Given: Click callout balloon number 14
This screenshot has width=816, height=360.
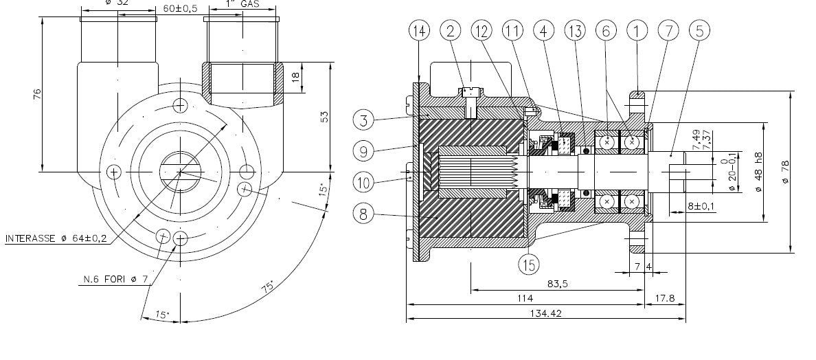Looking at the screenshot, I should (x=418, y=30).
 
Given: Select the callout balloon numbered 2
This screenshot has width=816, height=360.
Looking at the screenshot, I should (x=451, y=30).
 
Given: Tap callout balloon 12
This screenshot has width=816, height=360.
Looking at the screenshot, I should (x=482, y=30).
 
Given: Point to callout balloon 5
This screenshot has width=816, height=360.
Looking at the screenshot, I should (x=699, y=30).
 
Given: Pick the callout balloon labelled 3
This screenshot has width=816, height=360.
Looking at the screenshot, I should (x=364, y=120).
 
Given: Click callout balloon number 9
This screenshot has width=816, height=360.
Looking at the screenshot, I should (x=364, y=149).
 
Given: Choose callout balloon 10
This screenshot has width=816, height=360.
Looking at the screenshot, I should (x=364, y=182).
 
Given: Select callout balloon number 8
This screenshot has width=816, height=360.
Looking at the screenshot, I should (x=364, y=213).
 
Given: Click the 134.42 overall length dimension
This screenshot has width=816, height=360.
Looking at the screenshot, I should (x=546, y=313).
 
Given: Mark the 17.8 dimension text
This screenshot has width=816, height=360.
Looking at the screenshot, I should (x=666, y=297).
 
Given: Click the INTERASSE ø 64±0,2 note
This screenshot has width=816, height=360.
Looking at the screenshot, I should (x=56, y=239).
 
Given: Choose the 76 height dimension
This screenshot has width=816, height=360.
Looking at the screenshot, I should (x=37, y=93).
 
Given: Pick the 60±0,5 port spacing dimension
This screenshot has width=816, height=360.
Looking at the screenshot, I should (x=181, y=8).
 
